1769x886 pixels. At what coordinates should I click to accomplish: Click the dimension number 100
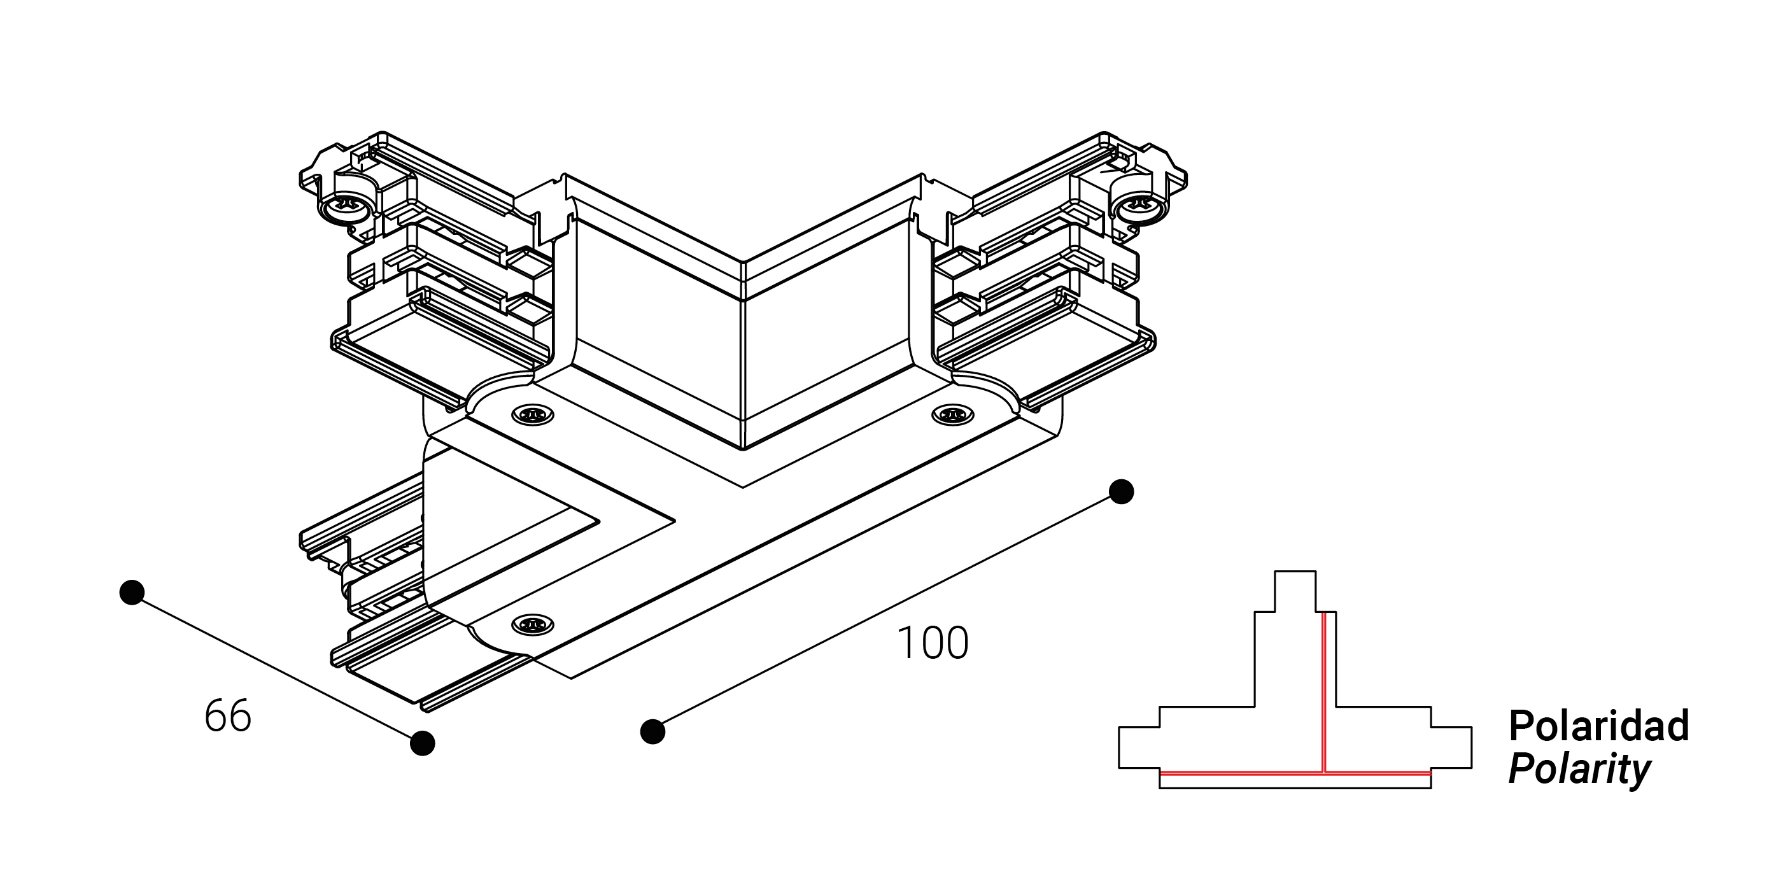pos(933,643)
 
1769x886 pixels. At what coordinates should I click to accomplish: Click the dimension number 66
pos(228,715)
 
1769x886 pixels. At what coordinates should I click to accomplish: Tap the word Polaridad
pos(1598,726)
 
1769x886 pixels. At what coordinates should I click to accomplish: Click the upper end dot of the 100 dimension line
pos(1122,492)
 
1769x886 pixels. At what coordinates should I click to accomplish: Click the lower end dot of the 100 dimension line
pos(652,731)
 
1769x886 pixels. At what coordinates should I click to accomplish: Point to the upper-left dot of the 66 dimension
pos(132,592)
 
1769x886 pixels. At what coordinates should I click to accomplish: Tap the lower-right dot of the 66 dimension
pos(422,743)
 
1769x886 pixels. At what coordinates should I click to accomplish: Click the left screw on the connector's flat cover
pos(533,415)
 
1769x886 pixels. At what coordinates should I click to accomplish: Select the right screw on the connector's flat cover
pos(952,415)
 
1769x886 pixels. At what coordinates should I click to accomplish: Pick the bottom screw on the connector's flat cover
pos(533,624)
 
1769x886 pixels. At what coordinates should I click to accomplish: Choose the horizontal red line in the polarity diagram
pos(1236,773)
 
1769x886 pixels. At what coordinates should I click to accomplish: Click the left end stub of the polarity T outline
pos(1139,747)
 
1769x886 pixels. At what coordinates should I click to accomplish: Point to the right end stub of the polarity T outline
pos(1451,747)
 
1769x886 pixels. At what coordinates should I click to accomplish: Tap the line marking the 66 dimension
pos(277,668)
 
